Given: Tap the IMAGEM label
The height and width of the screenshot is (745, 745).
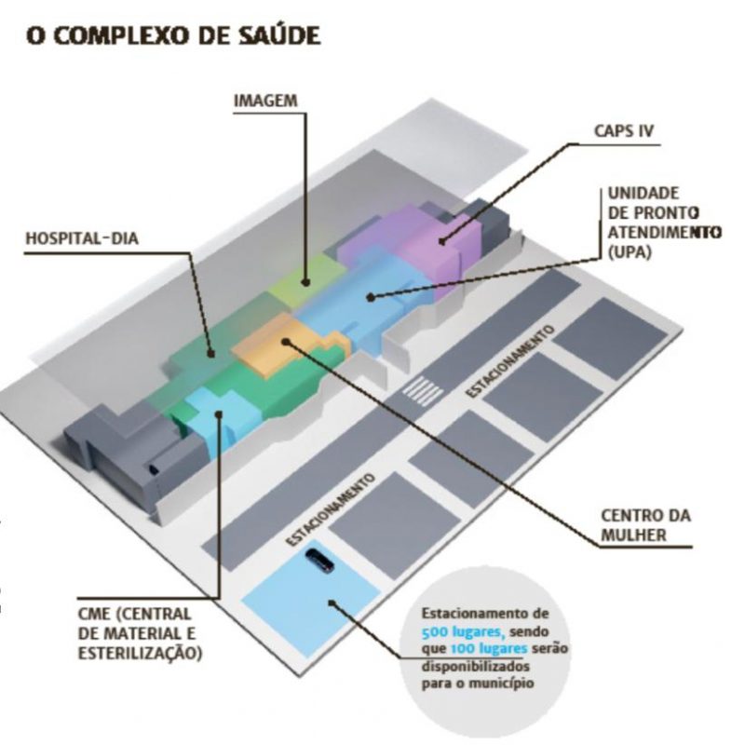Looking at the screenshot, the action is click(264, 99).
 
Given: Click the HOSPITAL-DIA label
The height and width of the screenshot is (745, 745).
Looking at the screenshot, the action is click(82, 238).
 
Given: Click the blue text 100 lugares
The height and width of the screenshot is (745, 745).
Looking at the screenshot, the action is click(486, 648).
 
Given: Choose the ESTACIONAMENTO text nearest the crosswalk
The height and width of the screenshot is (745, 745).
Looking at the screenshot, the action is click(511, 360).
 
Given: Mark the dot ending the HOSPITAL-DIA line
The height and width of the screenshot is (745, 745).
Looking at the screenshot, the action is click(211, 353).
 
